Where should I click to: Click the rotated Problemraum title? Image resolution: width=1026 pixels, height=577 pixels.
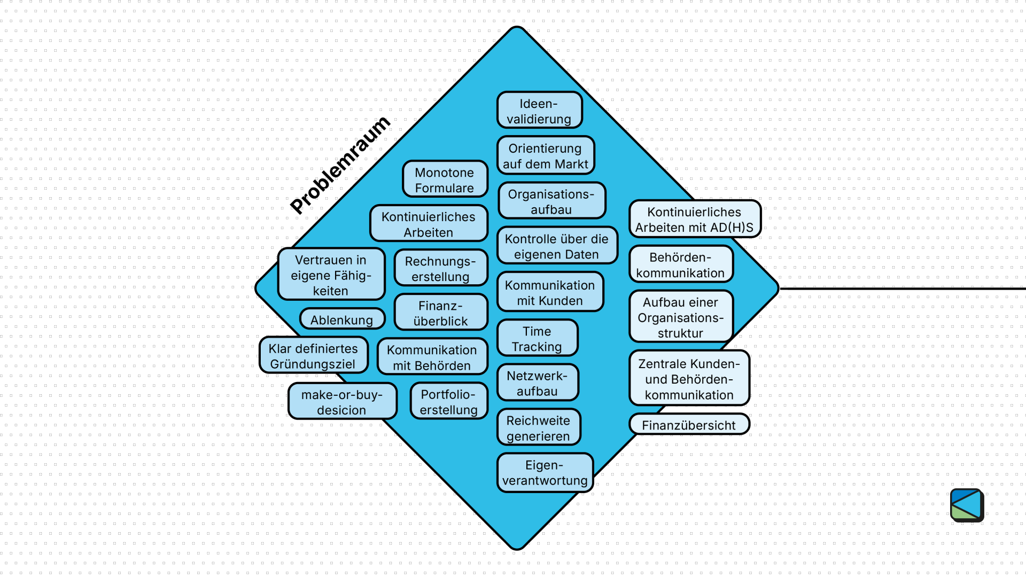[340, 165]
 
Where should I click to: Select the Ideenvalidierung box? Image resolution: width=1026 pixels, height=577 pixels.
[539, 111]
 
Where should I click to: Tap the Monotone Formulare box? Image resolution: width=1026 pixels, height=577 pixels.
[445, 180]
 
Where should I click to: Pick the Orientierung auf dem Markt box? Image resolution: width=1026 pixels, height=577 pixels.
[546, 155]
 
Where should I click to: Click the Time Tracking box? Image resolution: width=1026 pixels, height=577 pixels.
[537, 339]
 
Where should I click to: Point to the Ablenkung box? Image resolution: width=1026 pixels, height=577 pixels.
[342, 319]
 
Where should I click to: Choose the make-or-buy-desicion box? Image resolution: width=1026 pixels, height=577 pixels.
[342, 402]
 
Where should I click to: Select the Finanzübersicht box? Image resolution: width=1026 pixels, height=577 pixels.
[689, 425]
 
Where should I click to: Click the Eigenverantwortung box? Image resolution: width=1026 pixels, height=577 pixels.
[545, 472]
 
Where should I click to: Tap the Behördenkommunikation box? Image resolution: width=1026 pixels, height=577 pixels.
[680, 264]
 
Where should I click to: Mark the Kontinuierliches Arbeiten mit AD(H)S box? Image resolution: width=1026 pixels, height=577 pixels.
[694, 219]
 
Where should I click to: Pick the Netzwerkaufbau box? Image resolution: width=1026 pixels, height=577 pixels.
[537, 383]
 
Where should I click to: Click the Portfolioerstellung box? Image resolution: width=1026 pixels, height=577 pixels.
[449, 401]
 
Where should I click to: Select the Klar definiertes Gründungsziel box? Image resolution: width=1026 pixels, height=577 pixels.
[313, 356]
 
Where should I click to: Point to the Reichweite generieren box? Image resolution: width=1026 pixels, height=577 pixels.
[538, 428]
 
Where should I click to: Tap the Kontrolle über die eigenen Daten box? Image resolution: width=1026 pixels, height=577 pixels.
[557, 246]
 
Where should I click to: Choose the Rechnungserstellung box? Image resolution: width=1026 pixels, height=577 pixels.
[440, 268]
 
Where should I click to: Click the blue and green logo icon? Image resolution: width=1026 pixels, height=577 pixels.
[967, 505]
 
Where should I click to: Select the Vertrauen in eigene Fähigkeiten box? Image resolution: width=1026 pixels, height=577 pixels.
[331, 275]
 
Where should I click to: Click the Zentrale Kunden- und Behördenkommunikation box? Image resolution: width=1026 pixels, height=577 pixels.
[689, 379]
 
